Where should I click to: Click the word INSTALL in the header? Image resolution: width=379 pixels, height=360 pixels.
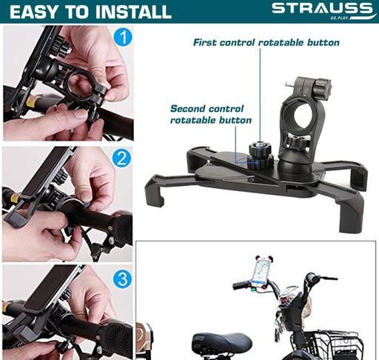[133, 12]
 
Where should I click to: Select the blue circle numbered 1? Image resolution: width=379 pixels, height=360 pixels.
[123, 37]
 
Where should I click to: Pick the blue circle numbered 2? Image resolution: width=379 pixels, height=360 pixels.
[121, 158]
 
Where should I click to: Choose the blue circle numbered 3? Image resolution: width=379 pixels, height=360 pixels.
[122, 279]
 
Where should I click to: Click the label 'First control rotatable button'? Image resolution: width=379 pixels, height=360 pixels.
[266, 42]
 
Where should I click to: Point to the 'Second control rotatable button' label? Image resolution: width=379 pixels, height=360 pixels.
[210, 114]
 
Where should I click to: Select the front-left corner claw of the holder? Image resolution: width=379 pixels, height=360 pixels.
[155, 190]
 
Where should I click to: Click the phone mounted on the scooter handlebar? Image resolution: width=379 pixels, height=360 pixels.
[262, 271]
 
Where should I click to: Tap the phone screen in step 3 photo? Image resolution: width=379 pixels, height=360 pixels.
[50, 287]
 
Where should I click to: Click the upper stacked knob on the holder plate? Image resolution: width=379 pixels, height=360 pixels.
[260, 148]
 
